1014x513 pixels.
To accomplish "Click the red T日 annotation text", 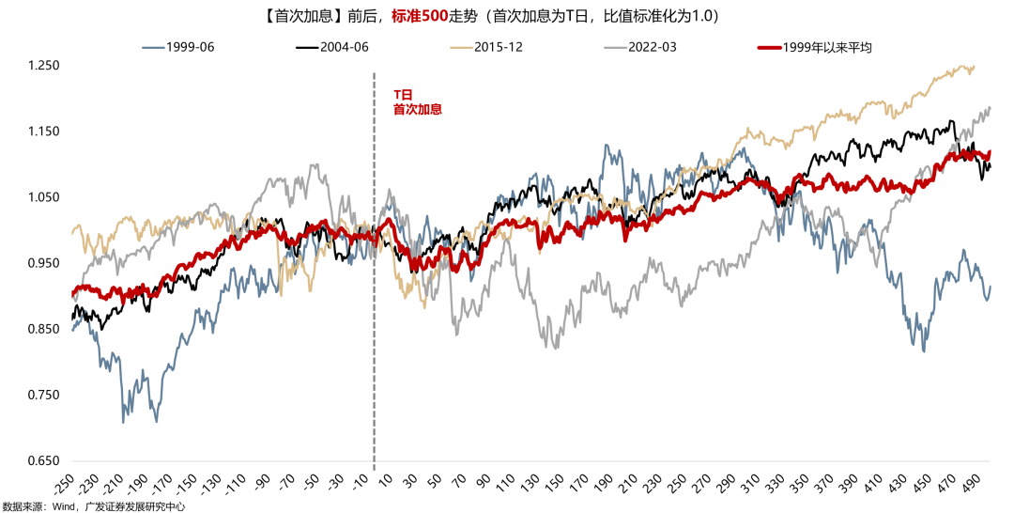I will click(x=402, y=95).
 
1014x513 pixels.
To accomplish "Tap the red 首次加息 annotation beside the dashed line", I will click(x=417, y=109).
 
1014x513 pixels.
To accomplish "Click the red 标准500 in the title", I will click(x=418, y=17).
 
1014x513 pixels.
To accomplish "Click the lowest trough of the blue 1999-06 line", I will click(x=123, y=422).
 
